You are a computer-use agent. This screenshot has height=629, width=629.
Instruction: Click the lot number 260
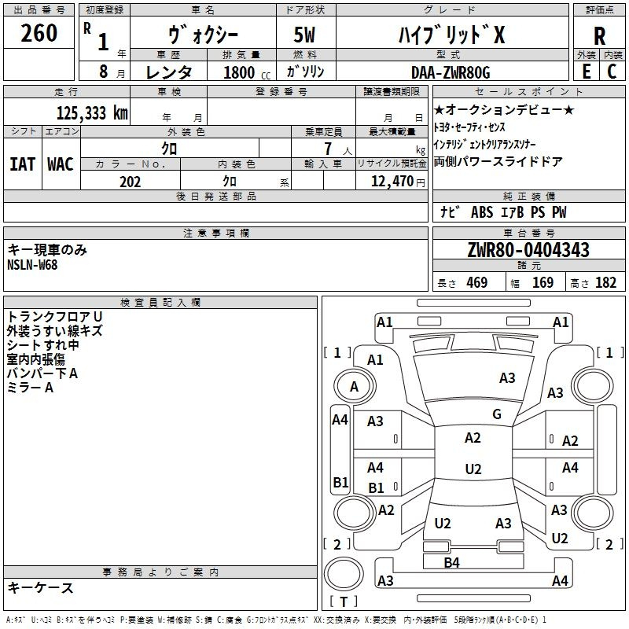[x=39, y=32]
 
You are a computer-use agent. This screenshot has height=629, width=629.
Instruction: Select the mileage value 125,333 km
[x=92, y=113]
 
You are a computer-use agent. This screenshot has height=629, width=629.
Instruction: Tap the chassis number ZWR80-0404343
[x=528, y=250]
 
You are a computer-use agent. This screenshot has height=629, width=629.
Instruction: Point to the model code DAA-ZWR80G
[x=451, y=72]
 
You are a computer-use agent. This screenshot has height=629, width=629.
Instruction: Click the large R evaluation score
[x=599, y=36]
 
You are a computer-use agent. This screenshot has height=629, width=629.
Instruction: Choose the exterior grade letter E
[x=586, y=72]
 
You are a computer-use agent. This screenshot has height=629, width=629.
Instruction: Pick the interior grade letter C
[x=612, y=72]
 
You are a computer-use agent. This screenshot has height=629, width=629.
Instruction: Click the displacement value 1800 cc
[x=247, y=72]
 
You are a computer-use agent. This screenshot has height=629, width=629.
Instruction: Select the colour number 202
[x=130, y=182]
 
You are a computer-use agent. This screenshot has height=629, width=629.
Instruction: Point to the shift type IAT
[x=22, y=164]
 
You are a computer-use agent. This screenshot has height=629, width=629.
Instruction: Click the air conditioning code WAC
[x=61, y=164]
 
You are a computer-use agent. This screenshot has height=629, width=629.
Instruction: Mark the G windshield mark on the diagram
[x=497, y=414]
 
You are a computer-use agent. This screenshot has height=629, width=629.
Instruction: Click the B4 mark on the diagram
[x=451, y=563]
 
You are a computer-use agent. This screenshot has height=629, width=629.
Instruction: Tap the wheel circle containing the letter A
[x=355, y=387]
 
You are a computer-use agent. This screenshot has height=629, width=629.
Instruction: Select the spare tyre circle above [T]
[x=344, y=574]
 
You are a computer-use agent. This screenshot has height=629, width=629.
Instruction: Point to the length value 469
[x=477, y=282]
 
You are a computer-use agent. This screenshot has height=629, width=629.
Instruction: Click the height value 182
[x=605, y=282]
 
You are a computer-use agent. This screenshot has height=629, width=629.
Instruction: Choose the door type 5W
[x=304, y=35]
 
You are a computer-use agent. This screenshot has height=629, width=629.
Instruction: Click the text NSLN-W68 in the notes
[x=32, y=265]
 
